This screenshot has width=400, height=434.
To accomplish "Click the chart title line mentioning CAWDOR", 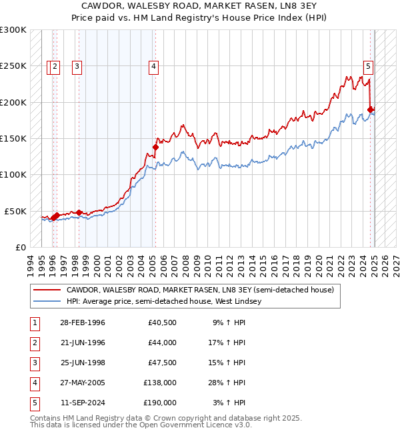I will tap(199, 6).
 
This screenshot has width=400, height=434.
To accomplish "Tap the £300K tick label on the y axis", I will tap(13, 30).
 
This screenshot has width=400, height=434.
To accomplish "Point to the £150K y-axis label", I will tap(13, 138).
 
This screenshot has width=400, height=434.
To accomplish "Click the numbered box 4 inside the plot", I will tap(153, 66).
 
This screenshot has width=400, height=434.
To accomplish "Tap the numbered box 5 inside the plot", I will tap(368, 66).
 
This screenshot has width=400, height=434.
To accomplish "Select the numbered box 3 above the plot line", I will tap(77, 66).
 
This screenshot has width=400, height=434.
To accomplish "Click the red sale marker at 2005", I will tap(155, 147).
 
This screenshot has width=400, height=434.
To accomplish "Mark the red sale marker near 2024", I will tap(371, 110).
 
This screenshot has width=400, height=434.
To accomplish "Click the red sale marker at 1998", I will tap(79, 212).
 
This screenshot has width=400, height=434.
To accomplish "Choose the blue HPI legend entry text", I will tap(164, 301).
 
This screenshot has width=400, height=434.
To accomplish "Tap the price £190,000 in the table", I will tap(161, 403).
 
